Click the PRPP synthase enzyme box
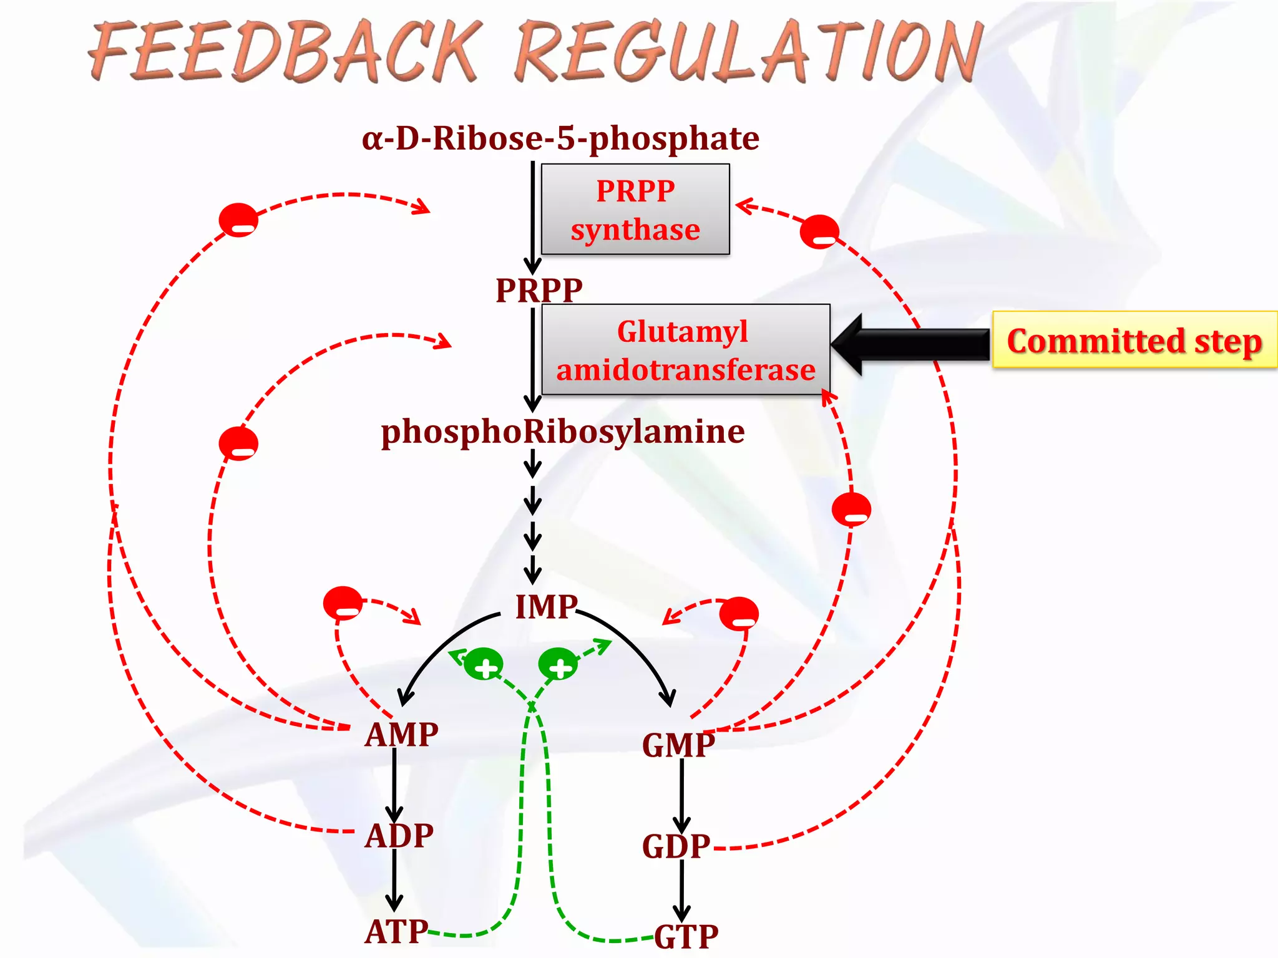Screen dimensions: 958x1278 point(635,210)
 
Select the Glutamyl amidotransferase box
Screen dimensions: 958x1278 point(685,350)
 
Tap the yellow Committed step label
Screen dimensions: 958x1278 point(1134,341)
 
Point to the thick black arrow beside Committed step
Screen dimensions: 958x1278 point(911,344)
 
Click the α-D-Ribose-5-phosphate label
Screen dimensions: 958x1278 point(560,138)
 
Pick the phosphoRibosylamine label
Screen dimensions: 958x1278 point(563,432)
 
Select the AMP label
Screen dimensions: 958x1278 point(401,735)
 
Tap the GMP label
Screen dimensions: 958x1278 point(678,745)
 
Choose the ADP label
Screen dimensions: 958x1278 point(399,836)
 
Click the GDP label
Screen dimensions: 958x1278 point(676,847)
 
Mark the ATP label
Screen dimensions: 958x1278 point(396,932)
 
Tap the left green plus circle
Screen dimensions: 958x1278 point(484,665)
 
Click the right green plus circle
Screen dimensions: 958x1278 point(558,665)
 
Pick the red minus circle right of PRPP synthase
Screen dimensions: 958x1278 point(819,232)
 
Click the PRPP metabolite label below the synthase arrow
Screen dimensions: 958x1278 point(539,290)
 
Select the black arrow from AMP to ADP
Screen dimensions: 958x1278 point(394,785)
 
